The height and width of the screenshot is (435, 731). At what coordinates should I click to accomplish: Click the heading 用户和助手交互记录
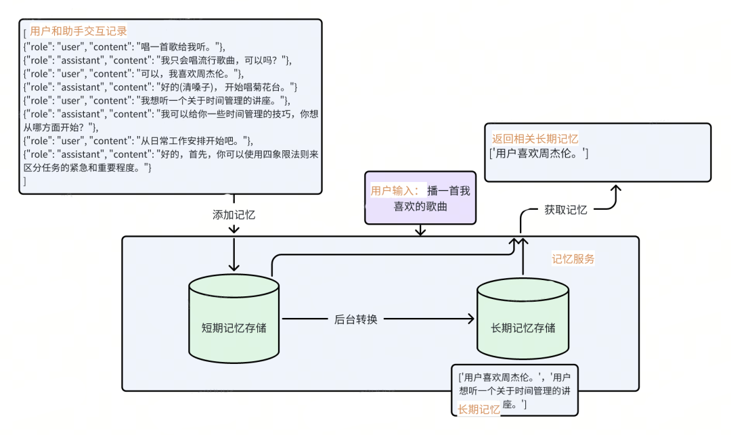[x=79, y=31]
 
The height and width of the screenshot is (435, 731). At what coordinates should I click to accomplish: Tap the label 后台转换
[x=355, y=319]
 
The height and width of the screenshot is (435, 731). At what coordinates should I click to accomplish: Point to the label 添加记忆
[x=234, y=214]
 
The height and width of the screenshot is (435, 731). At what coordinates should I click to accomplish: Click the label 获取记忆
[x=565, y=210]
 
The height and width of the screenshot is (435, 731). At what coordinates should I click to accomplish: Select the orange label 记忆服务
[x=573, y=259]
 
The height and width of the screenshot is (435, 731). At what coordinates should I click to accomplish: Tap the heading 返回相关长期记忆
[x=535, y=138]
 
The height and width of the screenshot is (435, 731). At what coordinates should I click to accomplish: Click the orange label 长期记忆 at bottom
[x=479, y=409]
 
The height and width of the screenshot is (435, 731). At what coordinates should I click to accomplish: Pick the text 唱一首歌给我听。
[x=179, y=46]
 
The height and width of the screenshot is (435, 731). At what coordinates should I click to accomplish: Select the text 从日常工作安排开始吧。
[x=194, y=141]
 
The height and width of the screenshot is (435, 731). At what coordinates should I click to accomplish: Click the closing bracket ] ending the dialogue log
[x=25, y=181]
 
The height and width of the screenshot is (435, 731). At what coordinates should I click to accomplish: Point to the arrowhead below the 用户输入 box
[x=420, y=232]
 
